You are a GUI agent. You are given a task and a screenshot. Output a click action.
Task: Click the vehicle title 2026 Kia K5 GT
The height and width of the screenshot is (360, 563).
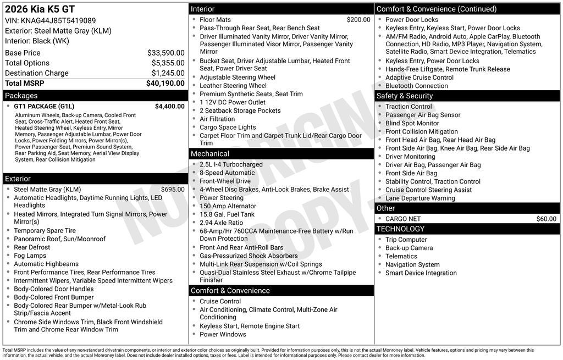[x=40, y=9]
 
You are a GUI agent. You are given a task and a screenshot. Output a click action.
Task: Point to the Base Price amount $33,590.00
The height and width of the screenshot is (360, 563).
[x=165, y=53]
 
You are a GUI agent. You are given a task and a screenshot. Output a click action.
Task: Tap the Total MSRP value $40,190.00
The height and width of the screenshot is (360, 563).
[x=165, y=83]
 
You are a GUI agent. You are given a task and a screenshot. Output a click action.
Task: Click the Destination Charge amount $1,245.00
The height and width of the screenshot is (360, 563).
[x=168, y=73]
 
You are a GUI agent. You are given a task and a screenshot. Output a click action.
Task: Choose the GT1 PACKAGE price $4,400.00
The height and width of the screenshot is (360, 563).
[x=169, y=106]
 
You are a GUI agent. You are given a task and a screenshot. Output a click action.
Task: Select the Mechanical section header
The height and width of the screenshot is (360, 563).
[x=210, y=154]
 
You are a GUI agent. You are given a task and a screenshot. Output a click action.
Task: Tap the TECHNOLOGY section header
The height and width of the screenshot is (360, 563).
[x=400, y=229]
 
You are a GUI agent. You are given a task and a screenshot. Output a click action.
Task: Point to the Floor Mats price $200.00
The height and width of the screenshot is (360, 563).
[x=358, y=20]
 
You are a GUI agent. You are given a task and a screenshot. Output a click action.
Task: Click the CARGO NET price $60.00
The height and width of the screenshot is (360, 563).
[x=546, y=219]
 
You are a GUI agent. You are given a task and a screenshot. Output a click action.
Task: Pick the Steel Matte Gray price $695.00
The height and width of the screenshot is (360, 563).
[x=173, y=190]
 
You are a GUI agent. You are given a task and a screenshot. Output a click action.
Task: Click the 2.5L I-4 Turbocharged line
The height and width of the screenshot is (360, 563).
[x=231, y=164]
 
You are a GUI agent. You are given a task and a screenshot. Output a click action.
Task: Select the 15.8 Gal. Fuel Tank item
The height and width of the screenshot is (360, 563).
[x=227, y=214]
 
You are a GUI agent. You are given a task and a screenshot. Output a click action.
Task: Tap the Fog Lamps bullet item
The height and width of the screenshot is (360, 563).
[x=30, y=256]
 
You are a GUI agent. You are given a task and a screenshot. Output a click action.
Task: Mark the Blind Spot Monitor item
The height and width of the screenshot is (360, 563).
[x=412, y=123]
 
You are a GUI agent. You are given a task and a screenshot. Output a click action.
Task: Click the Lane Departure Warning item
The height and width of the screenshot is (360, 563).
[x=420, y=198]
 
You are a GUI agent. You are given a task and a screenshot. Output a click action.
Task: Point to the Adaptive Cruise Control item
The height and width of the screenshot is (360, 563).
[x=420, y=77]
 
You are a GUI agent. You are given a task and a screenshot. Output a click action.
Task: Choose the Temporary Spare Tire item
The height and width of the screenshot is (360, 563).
[x=45, y=231]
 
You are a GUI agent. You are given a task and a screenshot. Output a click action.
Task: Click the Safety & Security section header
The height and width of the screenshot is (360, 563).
[x=405, y=96]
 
